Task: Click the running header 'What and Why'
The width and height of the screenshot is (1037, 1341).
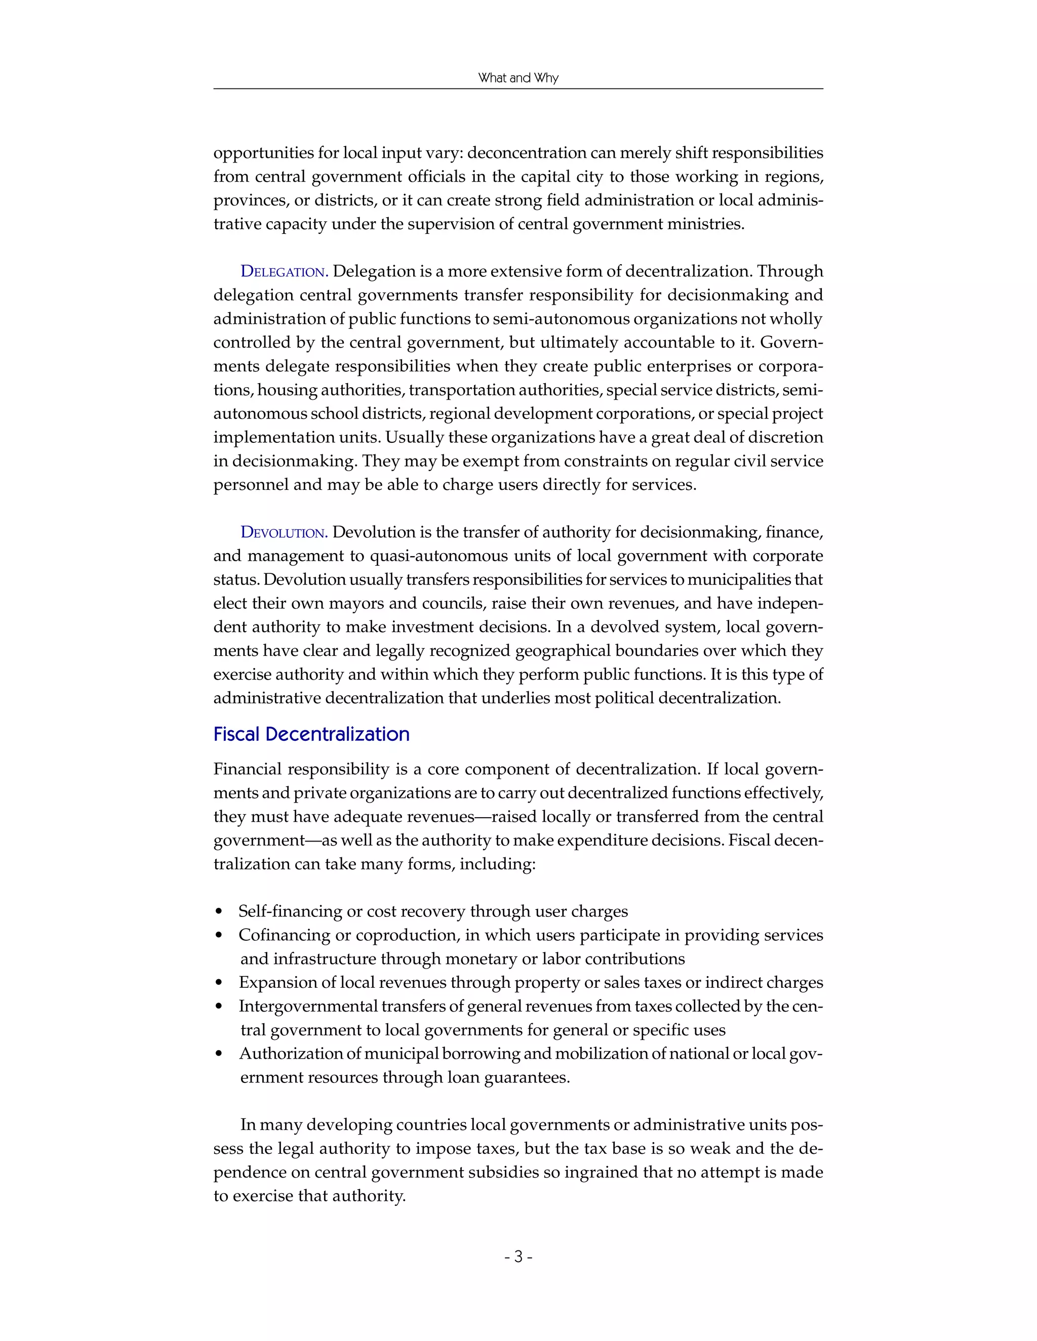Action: [518, 78]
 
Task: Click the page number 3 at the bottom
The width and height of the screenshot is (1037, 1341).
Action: [518, 1256]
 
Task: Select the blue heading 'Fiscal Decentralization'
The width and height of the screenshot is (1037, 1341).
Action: [311, 734]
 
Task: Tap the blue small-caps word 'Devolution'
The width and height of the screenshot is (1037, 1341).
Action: [283, 532]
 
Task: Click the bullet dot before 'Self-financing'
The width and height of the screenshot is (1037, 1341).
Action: [219, 912]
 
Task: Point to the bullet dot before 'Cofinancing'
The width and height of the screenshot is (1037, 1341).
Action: [219, 936]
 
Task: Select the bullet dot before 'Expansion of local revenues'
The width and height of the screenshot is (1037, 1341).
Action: [219, 984]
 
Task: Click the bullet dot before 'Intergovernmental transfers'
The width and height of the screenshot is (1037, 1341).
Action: [219, 1008]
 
